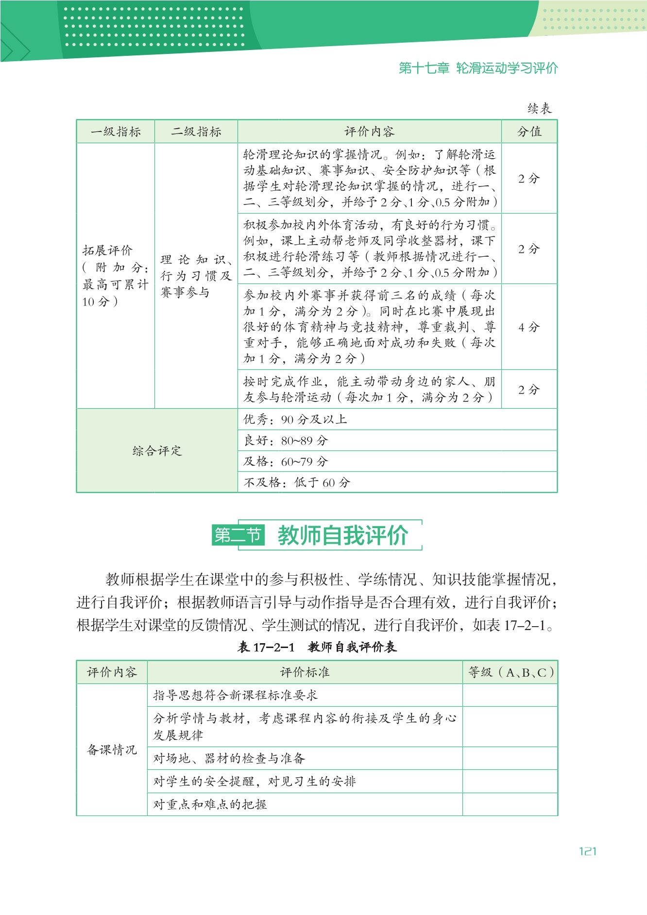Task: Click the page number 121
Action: pyautogui.click(x=587, y=851)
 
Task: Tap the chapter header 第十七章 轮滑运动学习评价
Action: pyautogui.click(x=478, y=68)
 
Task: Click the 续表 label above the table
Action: pyautogui.click(x=539, y=108)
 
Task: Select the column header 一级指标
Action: pyautogui.click(x=116, y=132)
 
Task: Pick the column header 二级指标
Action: pyautogui.click(x=196, y=132)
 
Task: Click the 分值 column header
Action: pyautogui.click(x=529, y=132)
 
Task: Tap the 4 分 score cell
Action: pyautogui.click(x=529, y=327)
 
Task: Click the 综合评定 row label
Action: pyautogui.click(x=157, y=451)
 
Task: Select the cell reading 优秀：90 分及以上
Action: pyautogui.click(x=295, y=419)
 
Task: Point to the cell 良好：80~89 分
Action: pyautogui.click(x=286, y=441)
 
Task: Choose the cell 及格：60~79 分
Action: pyautogui.click(x=286, y=462)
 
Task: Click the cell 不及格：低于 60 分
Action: pyautogui.click(x=297, y=482)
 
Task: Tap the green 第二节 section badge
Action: pyautogui.click(x=238, y=535)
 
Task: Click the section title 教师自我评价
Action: pyautogui.click(x=342, y=535)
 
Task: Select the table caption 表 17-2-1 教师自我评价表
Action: pyautogui.click(x=317, y=647)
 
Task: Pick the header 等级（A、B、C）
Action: pyautogui.click(x=510, y=672)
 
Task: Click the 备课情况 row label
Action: pyautogui.click(x=112, y=750)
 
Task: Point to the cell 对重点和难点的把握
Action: pyautogui.click(x=210, y=804)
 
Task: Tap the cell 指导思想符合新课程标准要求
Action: pyautogui.click(x=236, y=695)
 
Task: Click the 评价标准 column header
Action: pyautogui.click(x=305, y=672)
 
